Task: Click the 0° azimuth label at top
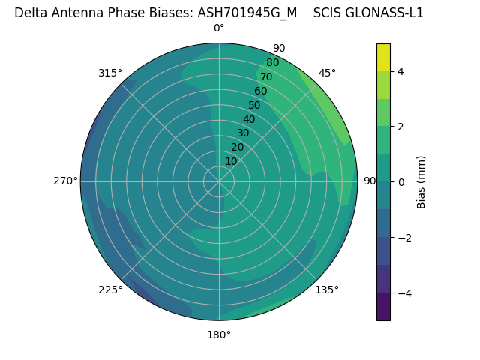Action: click(x=219, y=28)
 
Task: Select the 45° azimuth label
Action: click(x=328, y=73)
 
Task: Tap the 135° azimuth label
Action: click(x=327, y=289)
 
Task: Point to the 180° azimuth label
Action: click(x=219, y=334)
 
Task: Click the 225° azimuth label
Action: click(x=110, y=290)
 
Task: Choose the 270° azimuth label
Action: click(x=65, y=181)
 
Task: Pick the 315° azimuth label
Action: click(x=110, y=73)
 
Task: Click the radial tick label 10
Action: click(x=231, y=161)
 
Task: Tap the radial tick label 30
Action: click(x=243, y=133)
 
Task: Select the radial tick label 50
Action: click(x=255, y=106)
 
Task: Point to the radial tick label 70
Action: click(x=267, y=77)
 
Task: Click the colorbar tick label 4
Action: click(x=400, y=71)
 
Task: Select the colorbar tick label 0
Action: click(x=400, y=182)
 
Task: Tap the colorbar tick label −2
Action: click(x=403, y=238)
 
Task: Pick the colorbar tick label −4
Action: click(x=403, y=293)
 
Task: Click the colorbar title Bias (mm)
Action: click(x=421, y=182)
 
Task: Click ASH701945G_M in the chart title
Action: click(x=247, y=13)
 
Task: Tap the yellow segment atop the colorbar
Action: click(x=383, y=57)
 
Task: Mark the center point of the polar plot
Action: click(x=219, y=181)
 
